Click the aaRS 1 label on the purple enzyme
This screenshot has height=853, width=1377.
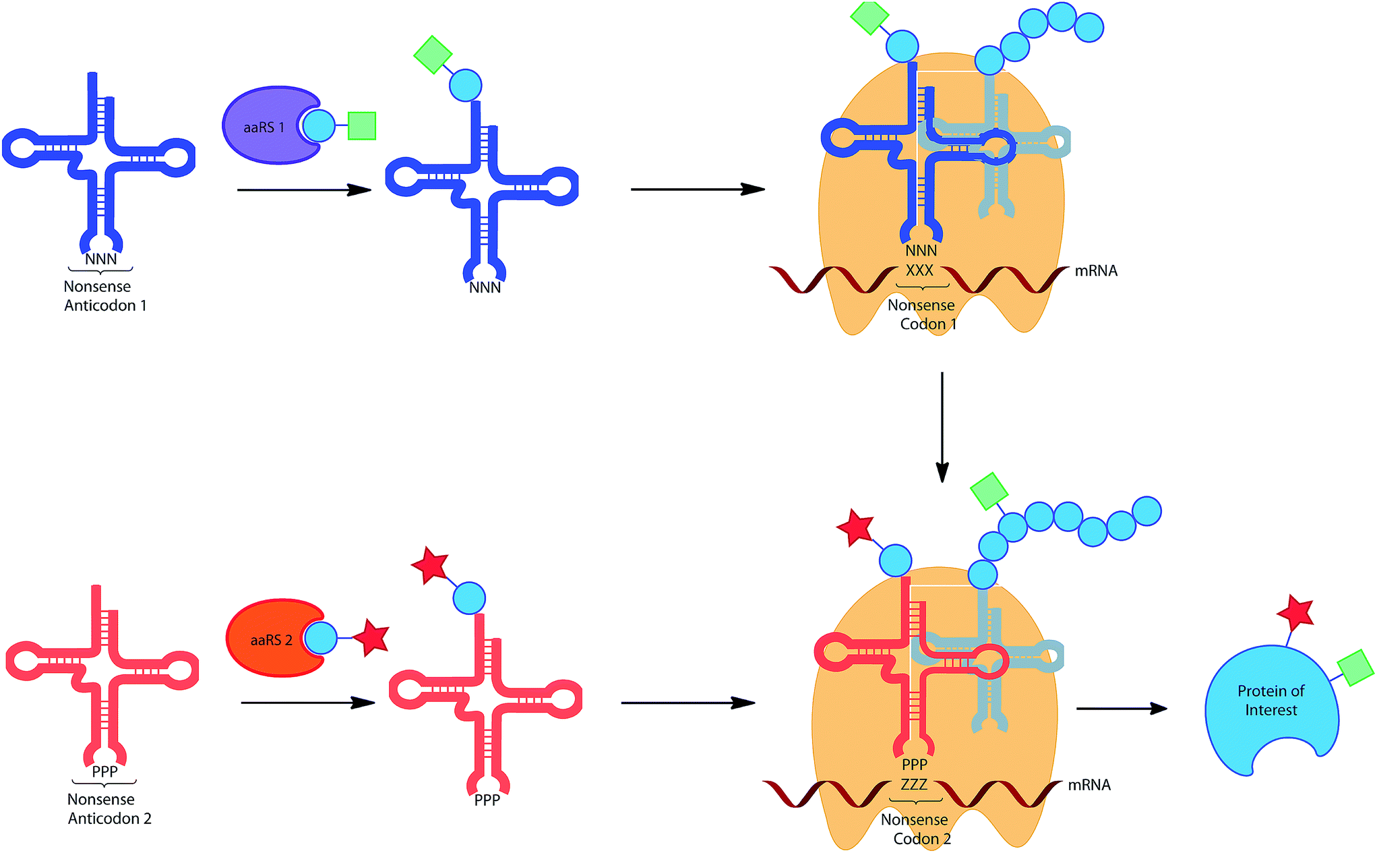click(264, 127)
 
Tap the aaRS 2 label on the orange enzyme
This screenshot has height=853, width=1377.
click(271, 640)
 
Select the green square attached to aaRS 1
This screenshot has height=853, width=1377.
click(361, 126)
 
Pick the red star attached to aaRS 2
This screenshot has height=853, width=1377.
click(371, 637)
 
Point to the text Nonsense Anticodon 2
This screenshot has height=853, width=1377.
click(109, 808)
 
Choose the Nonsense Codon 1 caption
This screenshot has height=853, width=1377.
click(921, 314)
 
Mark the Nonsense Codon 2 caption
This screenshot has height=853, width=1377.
click(915, 829)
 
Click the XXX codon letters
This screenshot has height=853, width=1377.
click(919, 270)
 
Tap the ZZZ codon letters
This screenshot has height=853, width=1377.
click(914, 784)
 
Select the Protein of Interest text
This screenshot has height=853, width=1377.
click(1271, 700)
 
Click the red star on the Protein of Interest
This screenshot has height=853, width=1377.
click(1295, 612)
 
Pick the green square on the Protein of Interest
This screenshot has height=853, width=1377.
click(1355, 668)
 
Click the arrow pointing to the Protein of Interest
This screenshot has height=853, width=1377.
click(1122, 709)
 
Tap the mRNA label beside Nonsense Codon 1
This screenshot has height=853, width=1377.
click(1096, 271)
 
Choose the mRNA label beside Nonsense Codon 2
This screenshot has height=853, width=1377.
click(1089, 785)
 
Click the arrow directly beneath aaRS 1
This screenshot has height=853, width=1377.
click(304, 190)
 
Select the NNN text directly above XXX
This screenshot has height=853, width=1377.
click(921, 251)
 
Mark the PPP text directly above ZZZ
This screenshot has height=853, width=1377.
click(915, 765)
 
